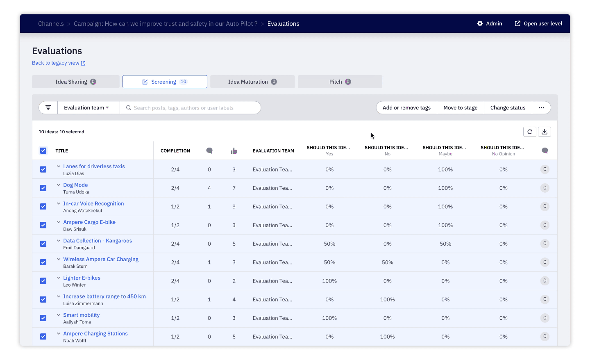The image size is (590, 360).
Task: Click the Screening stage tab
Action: (165, 82)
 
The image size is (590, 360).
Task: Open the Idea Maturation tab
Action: (252, 82)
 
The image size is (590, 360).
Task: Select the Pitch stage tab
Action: (340, 82)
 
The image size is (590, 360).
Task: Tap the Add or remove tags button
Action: (406, 108)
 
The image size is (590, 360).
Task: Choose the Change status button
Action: (508, 108)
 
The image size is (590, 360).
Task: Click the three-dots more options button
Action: (541, 108)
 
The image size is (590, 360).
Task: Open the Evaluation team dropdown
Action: (86, 108)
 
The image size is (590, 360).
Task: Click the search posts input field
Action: (193, 108)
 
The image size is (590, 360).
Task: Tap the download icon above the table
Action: (544, 132)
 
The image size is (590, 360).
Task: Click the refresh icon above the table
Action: (529, 132)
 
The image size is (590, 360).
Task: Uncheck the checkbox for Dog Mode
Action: (43, 188)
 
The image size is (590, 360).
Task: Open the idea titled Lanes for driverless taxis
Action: (94, 166)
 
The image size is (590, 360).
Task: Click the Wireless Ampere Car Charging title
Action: (101, 260)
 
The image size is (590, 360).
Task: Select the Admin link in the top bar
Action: (490, 24)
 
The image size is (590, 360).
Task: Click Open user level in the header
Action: (538, 24)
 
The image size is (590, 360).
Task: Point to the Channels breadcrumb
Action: (51, 24)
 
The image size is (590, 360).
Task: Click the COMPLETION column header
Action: (175, 151)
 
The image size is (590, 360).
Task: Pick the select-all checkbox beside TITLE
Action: (43, 150)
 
